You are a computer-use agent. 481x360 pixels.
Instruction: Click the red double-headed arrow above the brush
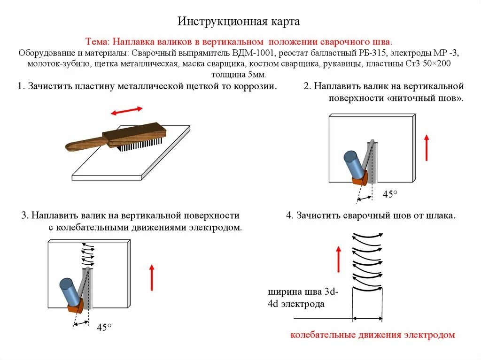pos(127,111)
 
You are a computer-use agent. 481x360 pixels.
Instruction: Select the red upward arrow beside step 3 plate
pos(152,277)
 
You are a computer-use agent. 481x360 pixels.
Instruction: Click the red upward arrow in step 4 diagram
pos(338,259)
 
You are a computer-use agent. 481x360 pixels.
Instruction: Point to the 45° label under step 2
pos(390,194)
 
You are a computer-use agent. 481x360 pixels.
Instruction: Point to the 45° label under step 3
pos(104,328)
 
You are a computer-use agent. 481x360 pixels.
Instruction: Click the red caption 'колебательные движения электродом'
pos(372,335)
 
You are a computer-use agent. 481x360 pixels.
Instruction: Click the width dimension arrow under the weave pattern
pos(367,319)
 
